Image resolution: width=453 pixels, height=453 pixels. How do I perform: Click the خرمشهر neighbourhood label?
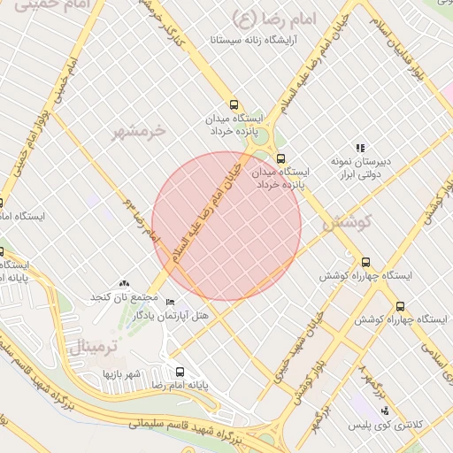tap(139, 132)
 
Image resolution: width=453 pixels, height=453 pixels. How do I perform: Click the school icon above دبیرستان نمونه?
tap(360, 148)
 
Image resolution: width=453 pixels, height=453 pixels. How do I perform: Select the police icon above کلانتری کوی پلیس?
tap(384, 411)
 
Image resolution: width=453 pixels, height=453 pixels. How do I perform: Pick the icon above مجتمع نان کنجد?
tap(122, 281)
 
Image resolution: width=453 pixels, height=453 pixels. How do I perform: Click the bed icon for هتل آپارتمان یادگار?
tap(170, 302)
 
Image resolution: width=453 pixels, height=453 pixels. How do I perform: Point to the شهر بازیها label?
tap(121, 374)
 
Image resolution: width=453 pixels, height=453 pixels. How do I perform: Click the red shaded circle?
tap(226, 226)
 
